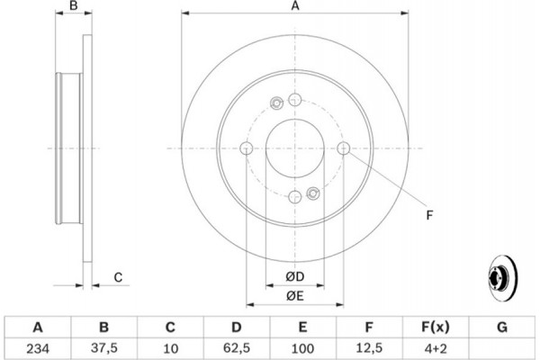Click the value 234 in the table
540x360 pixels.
click(38, 348)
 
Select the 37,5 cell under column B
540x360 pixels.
click(104, 348)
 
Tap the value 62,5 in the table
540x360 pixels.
click(237, 348)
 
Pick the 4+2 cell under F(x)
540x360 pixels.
click(436, 348)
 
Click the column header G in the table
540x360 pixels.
click(502, 327)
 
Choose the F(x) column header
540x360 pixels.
click(436, 327)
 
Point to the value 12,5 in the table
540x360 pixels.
click(369, 348)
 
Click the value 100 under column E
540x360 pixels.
click(302, 348)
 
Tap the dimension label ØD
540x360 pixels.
click(295, 276)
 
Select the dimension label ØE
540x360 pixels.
click(295, 296)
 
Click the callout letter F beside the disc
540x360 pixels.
click(429, 215)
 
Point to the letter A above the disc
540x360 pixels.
click(295, 6)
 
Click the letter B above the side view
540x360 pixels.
click(74, 6)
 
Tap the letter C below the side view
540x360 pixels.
click(118, 277)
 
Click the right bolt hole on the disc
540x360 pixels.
click(344, 148)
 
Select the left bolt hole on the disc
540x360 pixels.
click(247, 148)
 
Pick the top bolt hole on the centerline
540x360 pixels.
click(295, 100)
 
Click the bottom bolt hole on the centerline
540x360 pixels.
click(295, 197)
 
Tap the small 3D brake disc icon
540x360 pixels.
click(502, 278)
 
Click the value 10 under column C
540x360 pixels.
click(170, 348)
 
